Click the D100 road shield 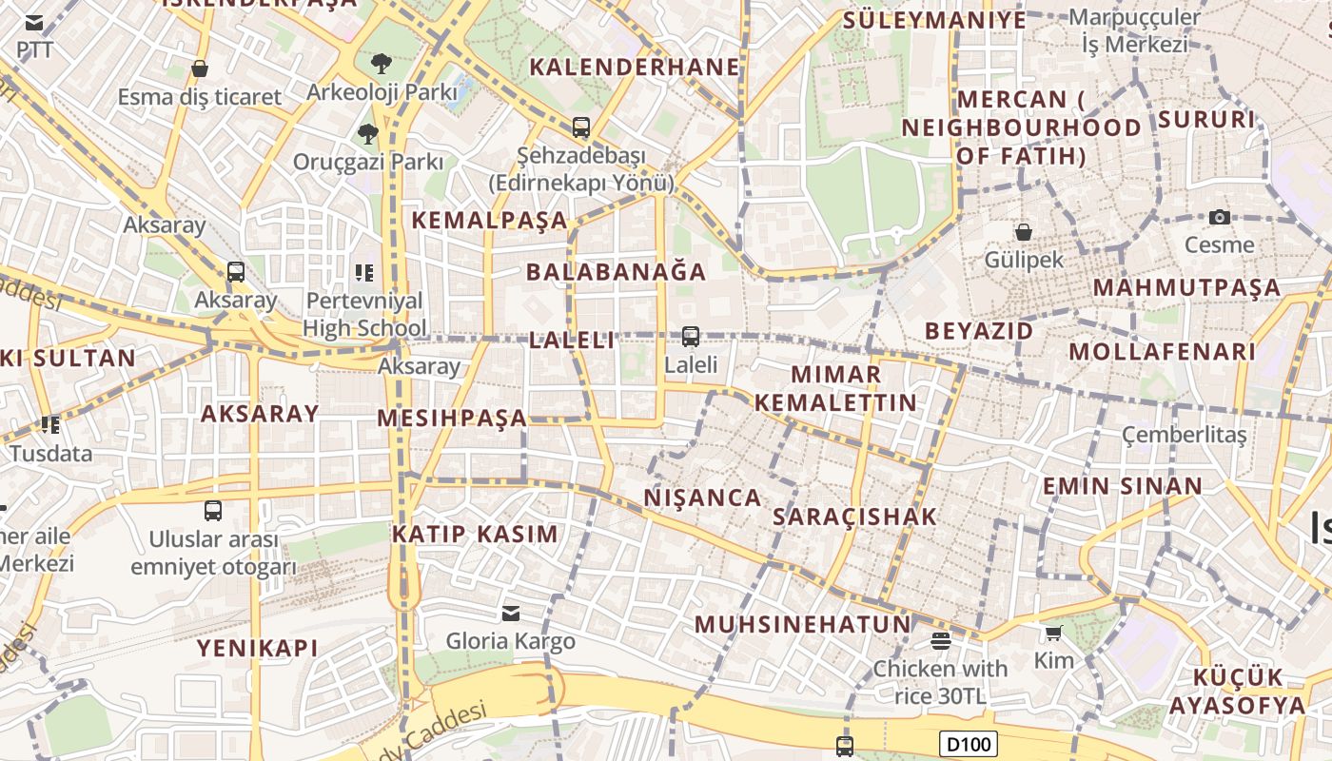coord(969,743)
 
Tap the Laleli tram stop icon coord(691,336)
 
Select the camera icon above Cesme coord(1219,217)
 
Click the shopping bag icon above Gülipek coord(1024,231)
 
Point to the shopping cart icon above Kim coord(1053,633)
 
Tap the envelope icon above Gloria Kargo coord(511,613)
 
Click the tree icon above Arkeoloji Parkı coord(381,64)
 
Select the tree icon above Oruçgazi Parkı coord(368,133)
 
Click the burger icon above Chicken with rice coord(941,640)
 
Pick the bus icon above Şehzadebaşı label coord(580,127)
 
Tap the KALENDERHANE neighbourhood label coord(635,67)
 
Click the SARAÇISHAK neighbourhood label coord(855,517)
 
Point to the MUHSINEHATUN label coord(803,624)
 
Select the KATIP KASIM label coord(476,534)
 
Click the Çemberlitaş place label coord(1184,435)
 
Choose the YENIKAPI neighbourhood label coord(257,648)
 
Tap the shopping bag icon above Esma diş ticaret coord(200,68)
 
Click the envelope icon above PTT coord(34,23)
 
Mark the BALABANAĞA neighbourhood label coord(617,272)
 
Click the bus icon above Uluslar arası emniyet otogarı coord(213,511)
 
